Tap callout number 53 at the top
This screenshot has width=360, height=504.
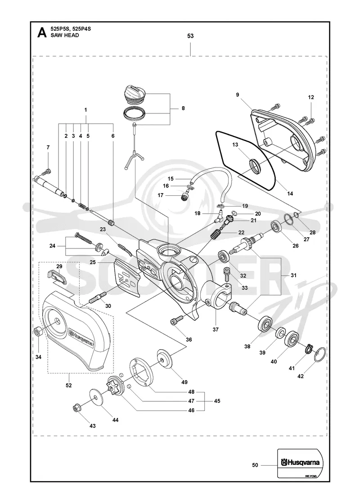tap(191, 36)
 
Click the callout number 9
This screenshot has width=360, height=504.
tap(238, 94)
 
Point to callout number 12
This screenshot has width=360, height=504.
tap(311, 97)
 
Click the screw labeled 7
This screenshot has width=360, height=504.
tap(48, 171)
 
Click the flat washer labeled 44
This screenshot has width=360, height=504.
tap(94, 397)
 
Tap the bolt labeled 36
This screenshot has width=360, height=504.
tap(176, 319)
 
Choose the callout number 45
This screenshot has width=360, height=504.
tap(217, 401)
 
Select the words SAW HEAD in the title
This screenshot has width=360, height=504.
tap(65, 36)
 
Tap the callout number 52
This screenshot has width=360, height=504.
tap(68, 385)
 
